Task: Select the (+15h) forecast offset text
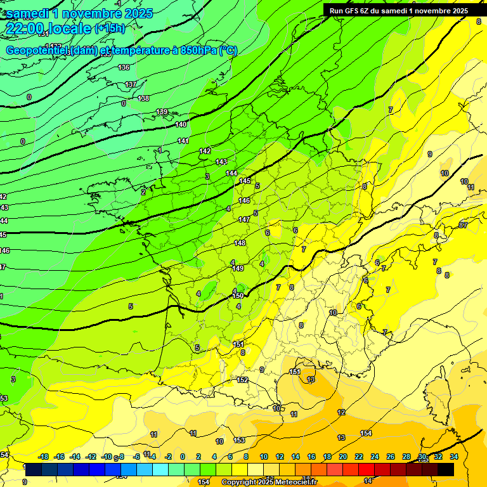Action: point(110,28)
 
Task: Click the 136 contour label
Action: point(124,67)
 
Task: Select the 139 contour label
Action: point(162,112)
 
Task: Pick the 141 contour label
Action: point(183,141)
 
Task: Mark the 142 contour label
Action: point(205,151)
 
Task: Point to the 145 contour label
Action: point(245,181)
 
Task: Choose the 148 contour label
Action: point(240,243)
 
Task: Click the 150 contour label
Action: point(238,295)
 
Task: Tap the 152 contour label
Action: point(242,380)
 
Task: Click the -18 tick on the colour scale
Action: point(43,457)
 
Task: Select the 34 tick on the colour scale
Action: point(453,457)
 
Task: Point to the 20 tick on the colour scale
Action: point(342,457)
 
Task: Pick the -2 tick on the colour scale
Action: point(167,457)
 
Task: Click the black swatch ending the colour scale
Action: point(446,470)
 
